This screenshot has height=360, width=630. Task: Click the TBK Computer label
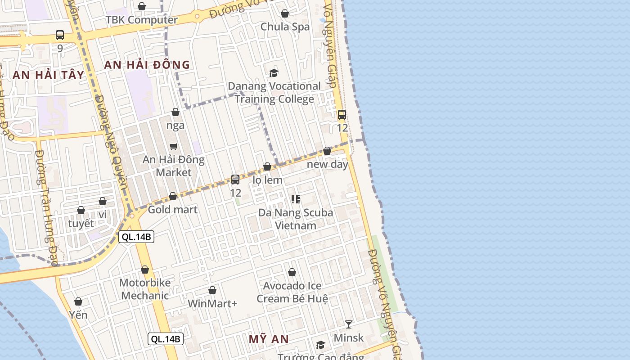click(x=141, y=20)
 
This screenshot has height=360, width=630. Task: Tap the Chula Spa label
click(x=285, y=27)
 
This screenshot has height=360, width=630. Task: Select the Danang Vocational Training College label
click(x=274, y=92)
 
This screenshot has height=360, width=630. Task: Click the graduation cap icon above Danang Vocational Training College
click(x=274, y=73)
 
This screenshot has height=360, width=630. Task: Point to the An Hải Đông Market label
click(x=173, y=166)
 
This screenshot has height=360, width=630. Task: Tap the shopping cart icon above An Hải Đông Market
click(x=173, y=146)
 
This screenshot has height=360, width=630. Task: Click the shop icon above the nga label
click(x=175, y=112)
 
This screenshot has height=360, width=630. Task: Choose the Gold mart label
click(x=172, y=209)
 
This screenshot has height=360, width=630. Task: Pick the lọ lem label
click(x=267, y=180)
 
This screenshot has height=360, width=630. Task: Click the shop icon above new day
click(x=327, y=151)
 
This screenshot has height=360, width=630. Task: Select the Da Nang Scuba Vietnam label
click(x=296, y=219)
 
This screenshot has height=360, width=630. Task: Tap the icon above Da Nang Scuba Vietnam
click(x=296, y=199)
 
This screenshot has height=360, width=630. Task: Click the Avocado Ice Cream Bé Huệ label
click(x=292, y=292)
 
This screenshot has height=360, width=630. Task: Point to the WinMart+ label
click(x=212, y=303)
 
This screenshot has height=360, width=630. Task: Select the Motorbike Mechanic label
click(x=145, y=289)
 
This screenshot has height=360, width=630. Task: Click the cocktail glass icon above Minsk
click(x=348, y=324)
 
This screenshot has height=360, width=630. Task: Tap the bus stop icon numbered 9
click(x=60, y=35)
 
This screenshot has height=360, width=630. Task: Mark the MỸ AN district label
click(x=268, y=339)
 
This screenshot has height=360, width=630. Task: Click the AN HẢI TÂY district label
click(x=48, y=75)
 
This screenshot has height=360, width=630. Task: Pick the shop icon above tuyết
click(x=81, y=210)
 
